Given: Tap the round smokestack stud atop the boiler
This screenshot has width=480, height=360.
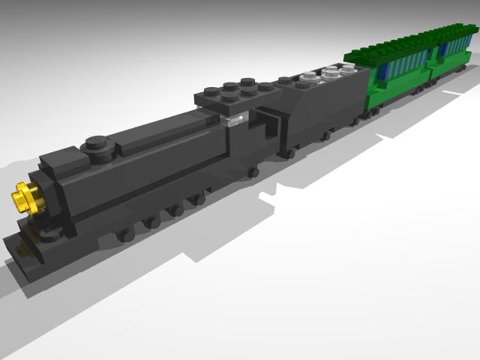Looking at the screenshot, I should click(95, 143).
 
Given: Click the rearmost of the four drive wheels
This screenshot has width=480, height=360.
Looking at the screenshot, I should click(198, 199).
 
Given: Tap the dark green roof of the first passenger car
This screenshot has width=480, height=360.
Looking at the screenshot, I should click(390, 46).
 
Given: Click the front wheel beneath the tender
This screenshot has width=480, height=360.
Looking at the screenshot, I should click(287, 153).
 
